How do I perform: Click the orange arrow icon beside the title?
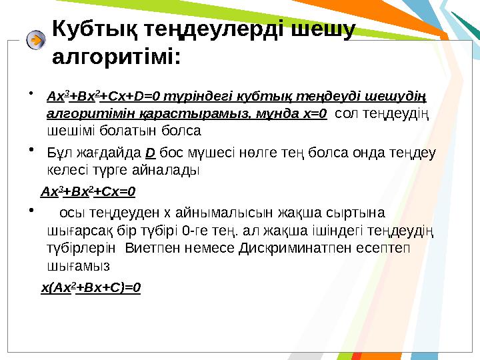36,40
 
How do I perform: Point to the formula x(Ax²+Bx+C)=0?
91,288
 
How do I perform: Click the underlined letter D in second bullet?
150,154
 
